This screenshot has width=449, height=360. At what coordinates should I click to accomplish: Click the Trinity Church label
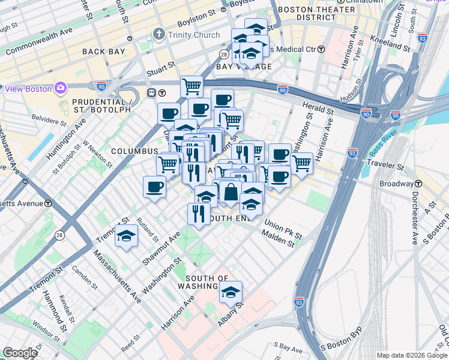(193, 35)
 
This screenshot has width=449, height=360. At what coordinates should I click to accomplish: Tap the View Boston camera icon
(60, 89)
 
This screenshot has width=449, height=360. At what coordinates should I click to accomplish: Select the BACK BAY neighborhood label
(104, 52)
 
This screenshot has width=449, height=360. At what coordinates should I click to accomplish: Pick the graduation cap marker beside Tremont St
(126, 236)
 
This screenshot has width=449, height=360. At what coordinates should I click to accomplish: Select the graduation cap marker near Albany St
(231, 292)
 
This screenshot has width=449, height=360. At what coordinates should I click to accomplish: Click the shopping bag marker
(230, 192)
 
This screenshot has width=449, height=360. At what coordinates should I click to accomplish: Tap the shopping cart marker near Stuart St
(191, 86)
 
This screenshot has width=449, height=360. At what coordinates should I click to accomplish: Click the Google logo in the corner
(20, 353)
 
